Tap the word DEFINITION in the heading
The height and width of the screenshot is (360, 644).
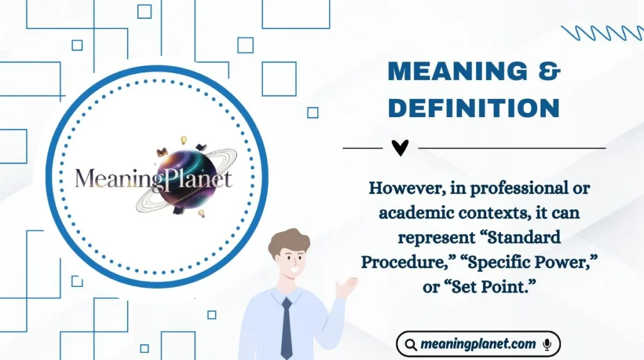click(474, 108)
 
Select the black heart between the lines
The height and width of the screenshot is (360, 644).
click(400, 148)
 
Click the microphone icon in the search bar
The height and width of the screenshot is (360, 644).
click(547, 344)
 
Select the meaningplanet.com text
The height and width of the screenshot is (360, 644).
click(479, 344)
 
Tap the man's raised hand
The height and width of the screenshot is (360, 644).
click(346, 287)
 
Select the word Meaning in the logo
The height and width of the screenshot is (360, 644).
click(111, 179)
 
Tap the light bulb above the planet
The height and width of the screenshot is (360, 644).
click(184, 140)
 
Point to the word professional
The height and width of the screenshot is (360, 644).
click(514, 188)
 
